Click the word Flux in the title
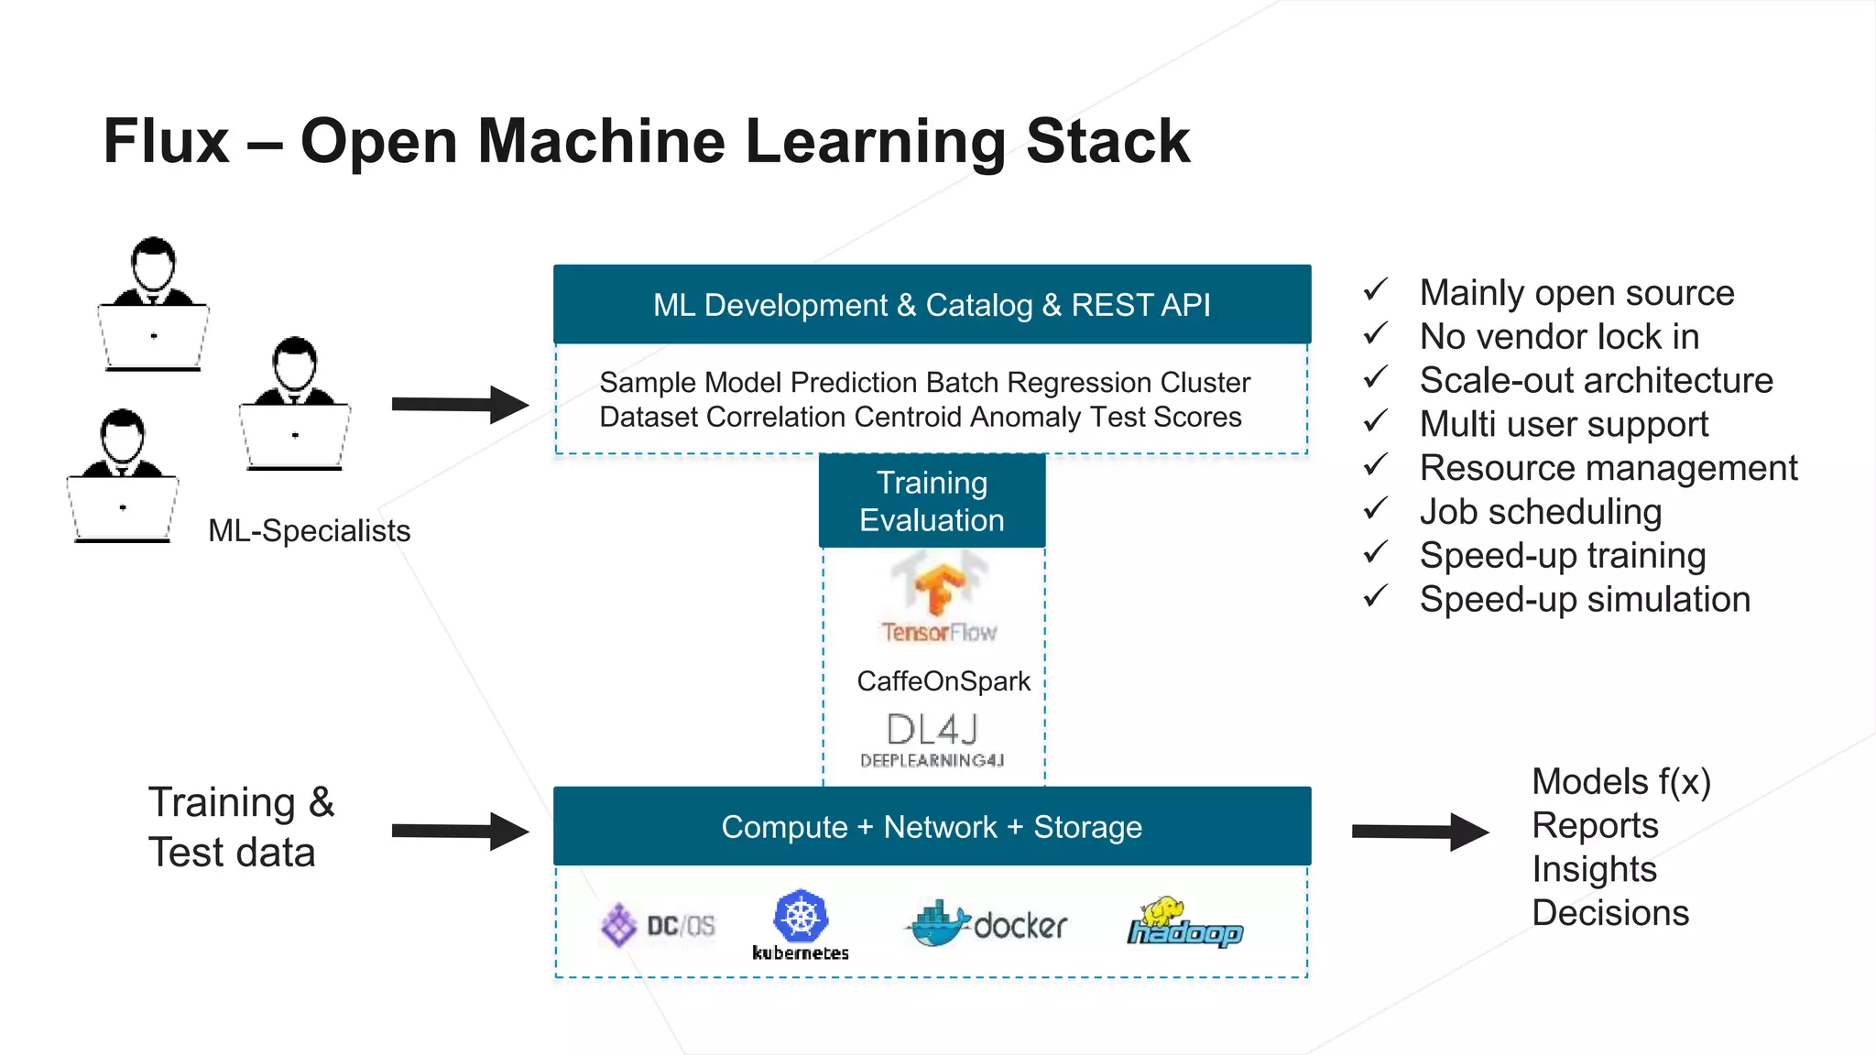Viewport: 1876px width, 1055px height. point(166,142)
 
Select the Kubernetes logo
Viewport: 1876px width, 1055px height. point(801,925)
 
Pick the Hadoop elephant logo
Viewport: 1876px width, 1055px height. point(1184,922)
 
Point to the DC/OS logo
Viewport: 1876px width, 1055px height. point(658,925)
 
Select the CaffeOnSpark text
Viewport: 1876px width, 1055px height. point(943,681)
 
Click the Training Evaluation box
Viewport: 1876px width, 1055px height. point(932,501)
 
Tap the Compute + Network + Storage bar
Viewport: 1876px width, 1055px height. point(932,826)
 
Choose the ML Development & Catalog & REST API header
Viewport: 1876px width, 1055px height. point(932,305)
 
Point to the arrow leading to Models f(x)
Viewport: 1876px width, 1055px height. point(1420,831)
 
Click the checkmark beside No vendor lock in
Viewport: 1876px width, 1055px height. point(1375,334)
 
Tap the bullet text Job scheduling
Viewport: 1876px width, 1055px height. point(1541,512)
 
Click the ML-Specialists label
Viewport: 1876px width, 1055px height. point(309,531)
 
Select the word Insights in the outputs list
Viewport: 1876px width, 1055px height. point(1594,869)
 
